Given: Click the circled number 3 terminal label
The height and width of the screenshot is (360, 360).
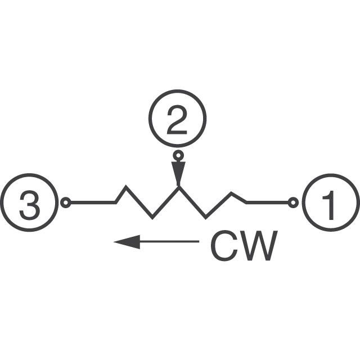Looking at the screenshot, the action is pos(29,202).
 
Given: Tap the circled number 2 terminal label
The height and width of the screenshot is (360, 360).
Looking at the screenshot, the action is pos(177,119).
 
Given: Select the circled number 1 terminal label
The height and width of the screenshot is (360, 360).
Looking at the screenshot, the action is pos(331,202).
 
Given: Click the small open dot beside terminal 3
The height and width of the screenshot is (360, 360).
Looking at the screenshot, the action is pos(66,202).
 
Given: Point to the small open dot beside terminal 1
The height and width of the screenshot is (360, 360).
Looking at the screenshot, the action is pos(293,202).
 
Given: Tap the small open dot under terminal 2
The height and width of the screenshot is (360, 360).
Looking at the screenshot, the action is pos(178,156).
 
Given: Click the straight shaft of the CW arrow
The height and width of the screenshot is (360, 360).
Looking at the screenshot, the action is pos(169,241).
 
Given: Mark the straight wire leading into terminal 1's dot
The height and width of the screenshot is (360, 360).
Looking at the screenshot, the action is pos(267,202).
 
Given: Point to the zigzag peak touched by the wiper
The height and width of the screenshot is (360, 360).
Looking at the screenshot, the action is pos(179,187).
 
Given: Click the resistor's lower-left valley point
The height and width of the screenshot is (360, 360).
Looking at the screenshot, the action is pos(152,218).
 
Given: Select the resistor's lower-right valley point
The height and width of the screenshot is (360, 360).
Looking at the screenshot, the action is pos(205,218).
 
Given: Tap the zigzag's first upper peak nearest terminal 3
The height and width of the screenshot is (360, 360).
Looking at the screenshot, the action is pos(125,186).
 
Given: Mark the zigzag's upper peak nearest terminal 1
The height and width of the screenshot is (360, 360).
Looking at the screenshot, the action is pos(232,193).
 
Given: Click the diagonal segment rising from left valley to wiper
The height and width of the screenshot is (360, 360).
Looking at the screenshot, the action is pos(166,202).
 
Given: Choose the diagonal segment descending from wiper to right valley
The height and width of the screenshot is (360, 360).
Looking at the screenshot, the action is pos(192,202).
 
